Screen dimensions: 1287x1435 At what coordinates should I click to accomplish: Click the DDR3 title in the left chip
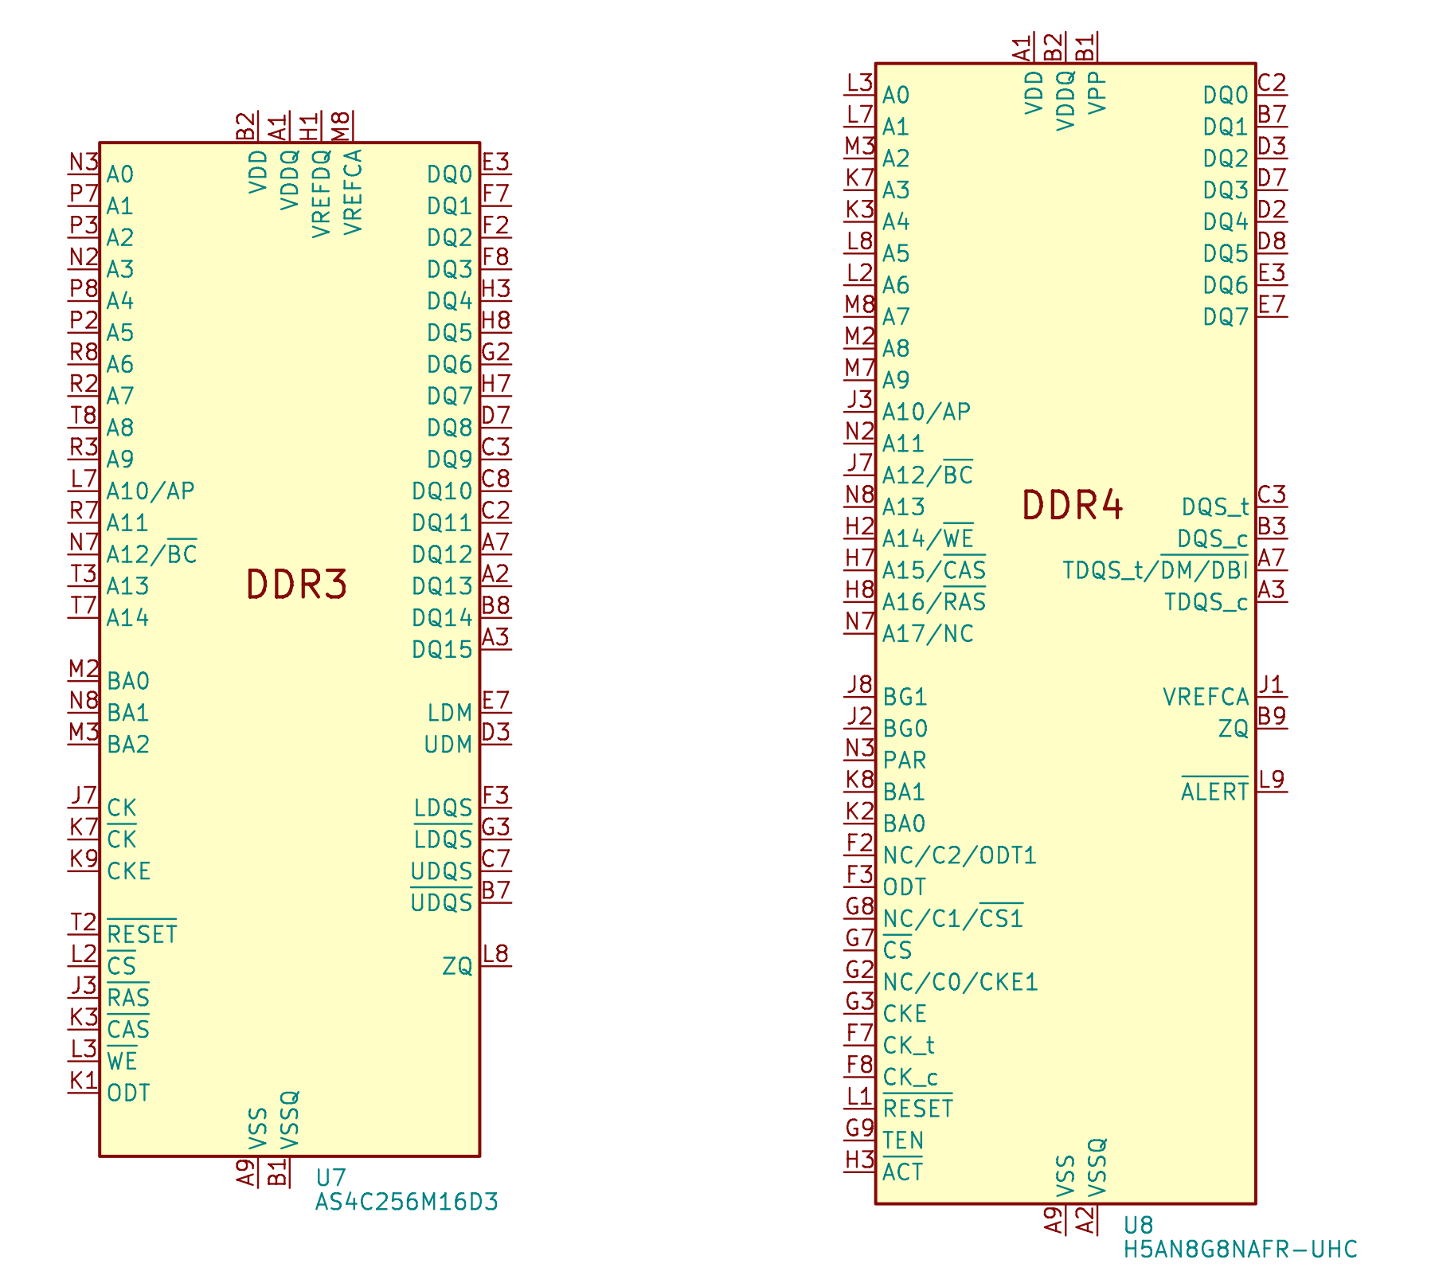(x=296, y=585)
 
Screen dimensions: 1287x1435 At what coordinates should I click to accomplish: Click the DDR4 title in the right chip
(x=1072, y=506)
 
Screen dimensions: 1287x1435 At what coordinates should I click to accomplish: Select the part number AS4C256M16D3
(x=406, y=1202)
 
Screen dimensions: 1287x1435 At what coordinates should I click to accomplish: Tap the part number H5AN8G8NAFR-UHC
(x=1240, y=1250)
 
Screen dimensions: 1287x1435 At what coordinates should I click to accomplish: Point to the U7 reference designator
(x=330, y=1178)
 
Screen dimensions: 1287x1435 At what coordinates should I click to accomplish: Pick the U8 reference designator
(x=1138, y=1225)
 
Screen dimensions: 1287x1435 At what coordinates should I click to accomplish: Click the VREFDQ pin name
(x=321, y=194)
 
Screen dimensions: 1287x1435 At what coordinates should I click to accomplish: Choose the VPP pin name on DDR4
(x=1097, y=92)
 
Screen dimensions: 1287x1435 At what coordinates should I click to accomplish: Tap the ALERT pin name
(x=1214, y=792)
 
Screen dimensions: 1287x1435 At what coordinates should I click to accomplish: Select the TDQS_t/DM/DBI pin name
(x=1155, y=570)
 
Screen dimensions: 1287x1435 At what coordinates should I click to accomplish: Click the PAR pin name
(x=905, y=761)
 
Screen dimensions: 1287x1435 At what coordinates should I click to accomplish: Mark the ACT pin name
(x=902, y=1172)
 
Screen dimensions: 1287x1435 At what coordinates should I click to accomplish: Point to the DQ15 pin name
(x=442, y=650)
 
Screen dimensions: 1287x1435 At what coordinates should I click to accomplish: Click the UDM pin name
(x=448, y=745)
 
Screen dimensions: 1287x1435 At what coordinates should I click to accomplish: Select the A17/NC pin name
(x=928, y=634)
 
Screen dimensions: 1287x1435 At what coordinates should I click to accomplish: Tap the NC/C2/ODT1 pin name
(x=960, y=855)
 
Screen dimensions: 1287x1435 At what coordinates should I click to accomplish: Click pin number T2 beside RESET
(x=84, y=922)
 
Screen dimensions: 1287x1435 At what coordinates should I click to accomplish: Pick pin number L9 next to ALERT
(x=1272, y=779)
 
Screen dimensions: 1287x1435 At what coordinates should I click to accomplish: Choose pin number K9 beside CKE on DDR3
(x=84, y=859)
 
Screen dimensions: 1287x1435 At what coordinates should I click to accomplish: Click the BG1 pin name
(x=905, y=698)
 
